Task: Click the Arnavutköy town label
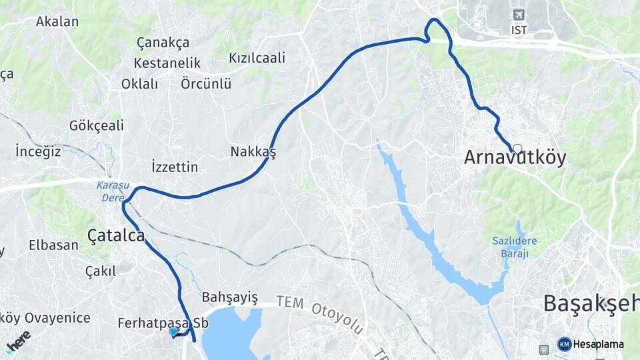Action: click(x=515, y=158)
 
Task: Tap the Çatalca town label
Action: click(x=116, y=235)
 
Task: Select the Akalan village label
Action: click(x=57, y=21)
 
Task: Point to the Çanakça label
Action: click(x=163, y=43)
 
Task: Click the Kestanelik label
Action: click(x=167, y=63)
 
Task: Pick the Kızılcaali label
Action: click(x=257, y=58)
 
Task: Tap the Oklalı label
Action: click(x=140, y=84)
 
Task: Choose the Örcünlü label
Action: click(x=206, y=84)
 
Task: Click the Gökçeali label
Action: click(x=97, y=126)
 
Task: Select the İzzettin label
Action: click(x=175, y=167)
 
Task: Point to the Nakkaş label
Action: click(x=253, y=151)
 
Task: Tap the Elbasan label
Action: click(x=53, y=245)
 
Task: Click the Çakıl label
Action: click(x=101, y=271)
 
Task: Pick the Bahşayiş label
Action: click(x=229, y=297)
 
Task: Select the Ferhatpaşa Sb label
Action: click(x=163, y=323)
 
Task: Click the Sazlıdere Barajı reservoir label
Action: click(x=519, y=247)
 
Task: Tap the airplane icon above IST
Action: click(x=519, y=15)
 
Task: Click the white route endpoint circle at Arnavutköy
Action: click(x=517, y=148)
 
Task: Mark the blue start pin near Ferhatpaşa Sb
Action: click(x=173, y=331)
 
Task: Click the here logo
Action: click(x=19, y=340)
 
